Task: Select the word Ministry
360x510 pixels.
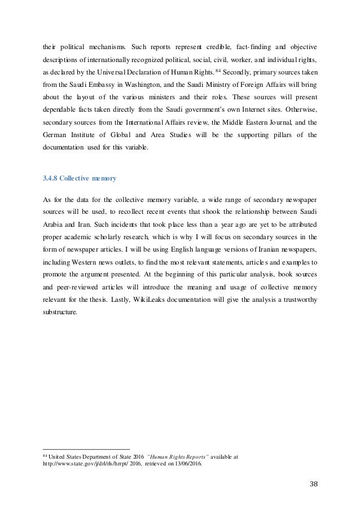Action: [x=235, y=86]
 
